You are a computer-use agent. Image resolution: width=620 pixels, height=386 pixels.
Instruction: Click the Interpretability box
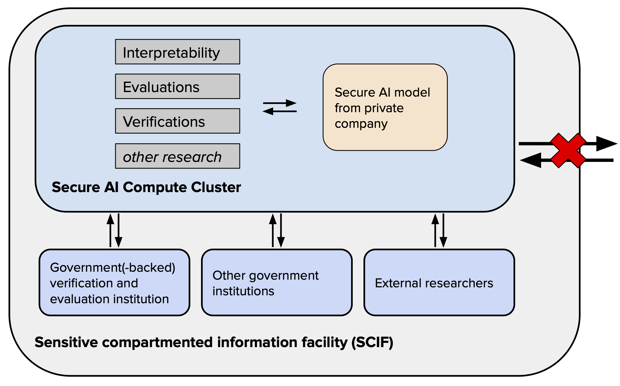[178, 52]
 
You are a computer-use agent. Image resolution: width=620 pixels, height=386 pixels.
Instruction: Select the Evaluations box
[178, 87]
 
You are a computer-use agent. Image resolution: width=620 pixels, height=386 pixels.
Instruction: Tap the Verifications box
[178, 121]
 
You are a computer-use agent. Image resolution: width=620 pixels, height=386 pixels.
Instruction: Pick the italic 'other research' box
[178, 156]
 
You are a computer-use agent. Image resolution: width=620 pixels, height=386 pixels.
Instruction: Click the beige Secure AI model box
[385, 107]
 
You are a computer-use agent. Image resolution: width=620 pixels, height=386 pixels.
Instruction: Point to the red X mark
[568, 151]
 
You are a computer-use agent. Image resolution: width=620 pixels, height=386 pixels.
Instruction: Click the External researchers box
[439, 283]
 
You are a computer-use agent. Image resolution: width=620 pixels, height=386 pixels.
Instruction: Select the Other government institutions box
[277, 283]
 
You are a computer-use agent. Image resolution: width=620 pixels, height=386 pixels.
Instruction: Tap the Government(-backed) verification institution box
[114, 283]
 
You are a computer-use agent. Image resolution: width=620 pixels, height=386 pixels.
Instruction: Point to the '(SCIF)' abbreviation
[372, 342]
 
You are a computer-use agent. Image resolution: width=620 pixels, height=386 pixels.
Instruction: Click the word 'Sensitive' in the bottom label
[66, 342]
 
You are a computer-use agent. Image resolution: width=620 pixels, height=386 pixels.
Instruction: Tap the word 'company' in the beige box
[361, 124]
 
